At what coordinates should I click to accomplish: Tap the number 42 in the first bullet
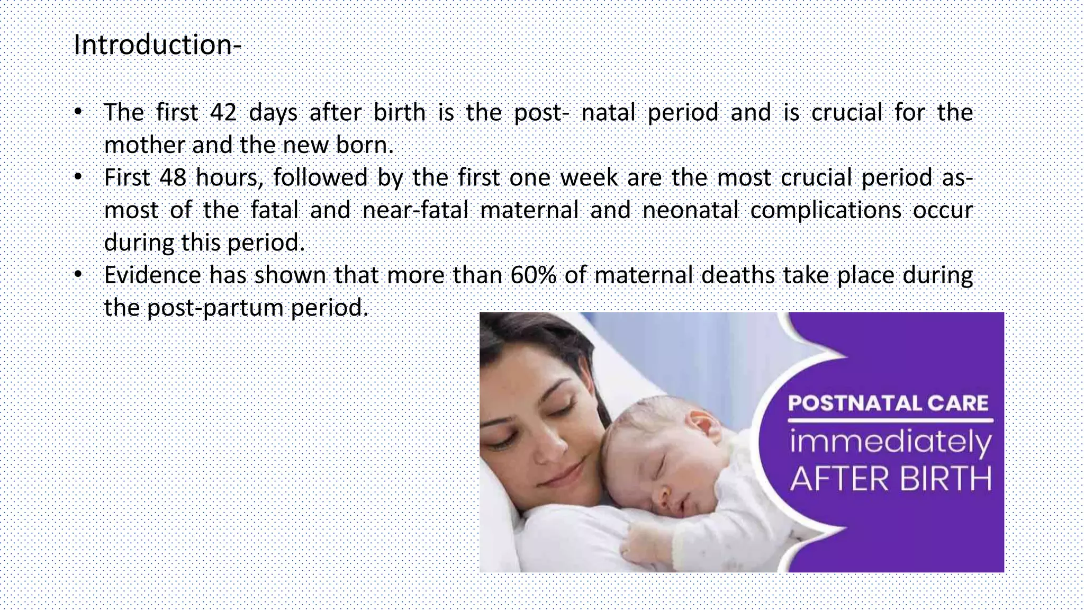tap(223, 112)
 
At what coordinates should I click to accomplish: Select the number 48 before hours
tap(173, 177)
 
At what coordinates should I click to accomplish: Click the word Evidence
tap(152, 275)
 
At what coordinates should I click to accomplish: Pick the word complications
tap(825, 210)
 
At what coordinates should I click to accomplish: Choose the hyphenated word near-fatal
tap(415, 210)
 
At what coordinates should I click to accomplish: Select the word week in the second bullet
tap(589, 177)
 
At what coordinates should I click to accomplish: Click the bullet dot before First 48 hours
tap(78, 177)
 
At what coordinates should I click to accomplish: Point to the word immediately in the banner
tap(891, 443)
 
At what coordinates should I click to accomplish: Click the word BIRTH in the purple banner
tap(945, 479)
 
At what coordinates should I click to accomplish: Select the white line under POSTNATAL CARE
tap(890, 421)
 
